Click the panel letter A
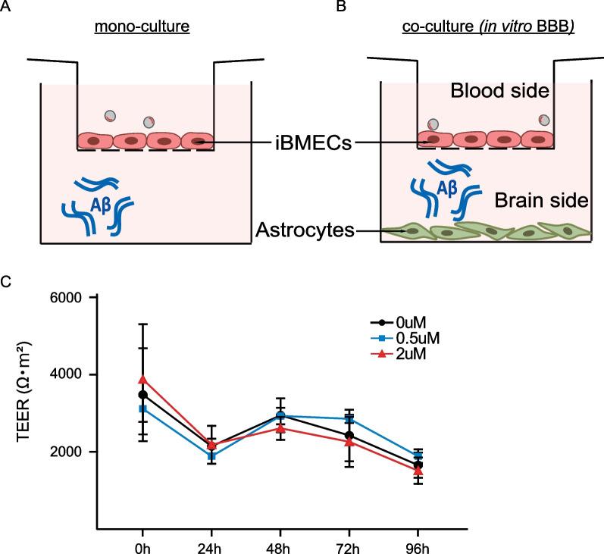coord(6,7)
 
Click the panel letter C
coord(6,281)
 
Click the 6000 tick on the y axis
coord(64,298)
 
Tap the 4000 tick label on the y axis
coord(64,374)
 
